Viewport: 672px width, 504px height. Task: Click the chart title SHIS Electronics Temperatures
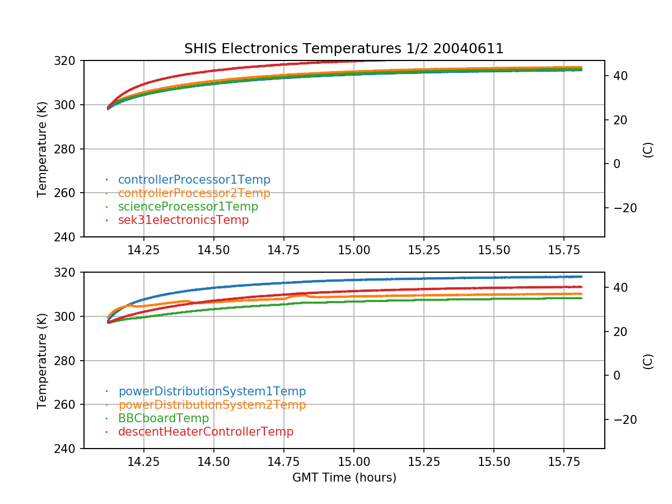(344, 49)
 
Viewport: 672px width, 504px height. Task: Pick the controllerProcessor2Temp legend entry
(194, 193)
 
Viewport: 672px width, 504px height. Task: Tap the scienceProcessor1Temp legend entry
(188, 207)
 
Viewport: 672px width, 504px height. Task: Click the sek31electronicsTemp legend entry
(183, 220)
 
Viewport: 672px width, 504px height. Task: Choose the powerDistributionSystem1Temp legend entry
(212, 391)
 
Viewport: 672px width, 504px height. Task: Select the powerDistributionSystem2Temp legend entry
(212, 405)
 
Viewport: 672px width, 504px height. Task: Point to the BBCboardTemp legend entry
(163, 418)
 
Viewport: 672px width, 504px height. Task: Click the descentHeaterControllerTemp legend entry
(206, 432)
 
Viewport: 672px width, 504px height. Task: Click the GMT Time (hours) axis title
(344, 478)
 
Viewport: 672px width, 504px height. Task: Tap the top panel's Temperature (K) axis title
(42, 149)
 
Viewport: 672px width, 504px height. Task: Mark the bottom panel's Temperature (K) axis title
(42, 361)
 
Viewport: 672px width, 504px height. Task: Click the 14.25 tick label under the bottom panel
(144, 462)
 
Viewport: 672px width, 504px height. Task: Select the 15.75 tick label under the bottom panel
(564, 462)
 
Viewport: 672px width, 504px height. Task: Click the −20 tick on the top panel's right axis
(622, 208)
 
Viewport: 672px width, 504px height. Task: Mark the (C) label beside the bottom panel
(648, 361)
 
